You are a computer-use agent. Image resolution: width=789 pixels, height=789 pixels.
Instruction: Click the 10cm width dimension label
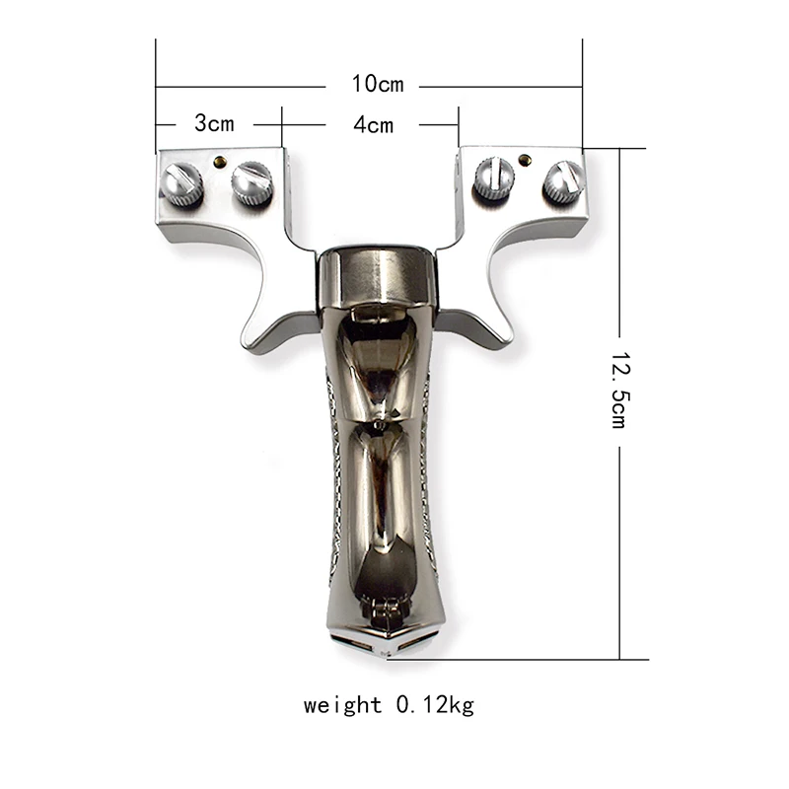[x=378, y=84]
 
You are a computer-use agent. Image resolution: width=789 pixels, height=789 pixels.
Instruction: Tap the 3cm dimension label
[x=214, y=123]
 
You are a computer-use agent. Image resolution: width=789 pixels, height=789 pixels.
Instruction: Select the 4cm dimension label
[x=373, y=125]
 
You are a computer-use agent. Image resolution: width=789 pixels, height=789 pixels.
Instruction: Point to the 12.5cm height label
[x=619, y=390]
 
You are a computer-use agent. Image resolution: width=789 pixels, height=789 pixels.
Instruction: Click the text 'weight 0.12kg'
[x=389, y=704]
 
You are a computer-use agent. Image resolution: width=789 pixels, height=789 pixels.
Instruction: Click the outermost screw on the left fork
[x=181, y=184]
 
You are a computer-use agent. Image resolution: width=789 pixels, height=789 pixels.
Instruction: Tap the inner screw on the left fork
[x=252, y=182]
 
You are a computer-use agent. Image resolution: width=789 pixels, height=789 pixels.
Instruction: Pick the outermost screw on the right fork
[x=564, y=182]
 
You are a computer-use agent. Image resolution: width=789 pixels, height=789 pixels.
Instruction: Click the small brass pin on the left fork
[x=219, y=162]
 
